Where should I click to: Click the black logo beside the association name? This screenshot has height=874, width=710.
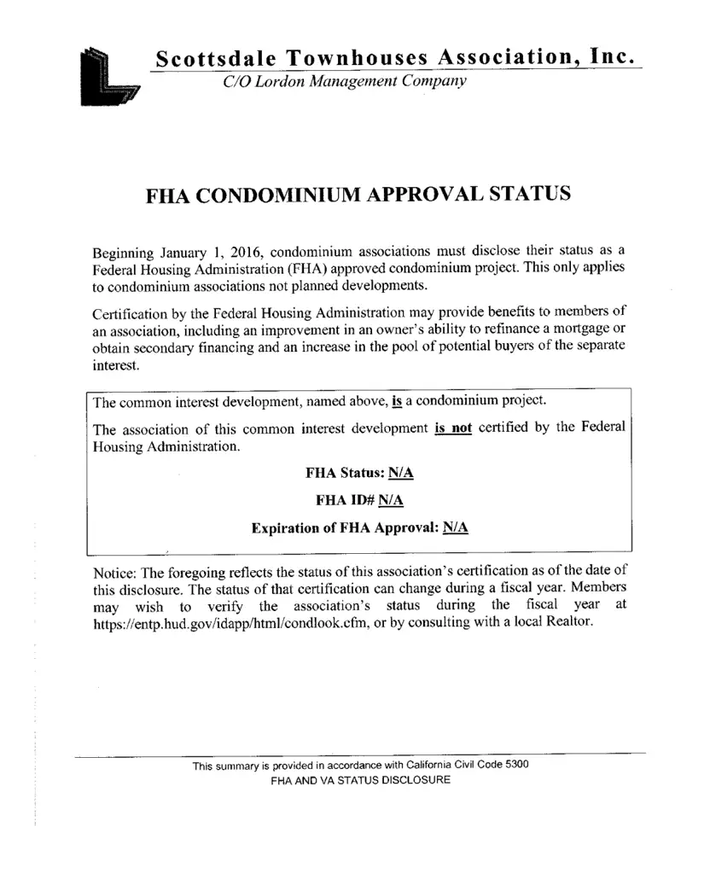click(110, 78)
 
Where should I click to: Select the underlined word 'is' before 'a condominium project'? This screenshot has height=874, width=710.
click(397, 400)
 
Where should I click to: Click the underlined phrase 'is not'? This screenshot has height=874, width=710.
click(453, 428)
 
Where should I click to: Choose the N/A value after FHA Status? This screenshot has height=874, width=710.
click(401, 473)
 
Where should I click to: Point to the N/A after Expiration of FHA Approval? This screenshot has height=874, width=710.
click(456, 527)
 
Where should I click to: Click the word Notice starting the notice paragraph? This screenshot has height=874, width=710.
click(114, 572)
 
